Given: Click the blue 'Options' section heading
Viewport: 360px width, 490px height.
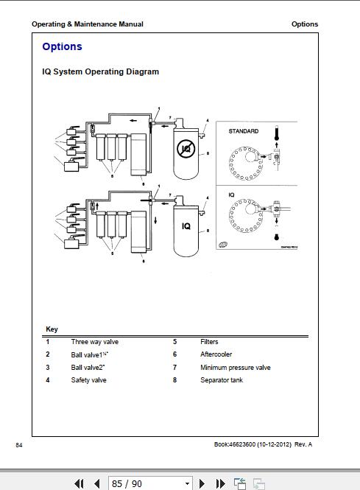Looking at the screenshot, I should pyautogui.click(x=62, y=47).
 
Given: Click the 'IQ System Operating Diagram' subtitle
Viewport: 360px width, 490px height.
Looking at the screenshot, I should pyautogui.click(x=100, y=72).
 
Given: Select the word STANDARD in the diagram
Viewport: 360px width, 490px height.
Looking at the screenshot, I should pyautogui.click(x=243, y=131).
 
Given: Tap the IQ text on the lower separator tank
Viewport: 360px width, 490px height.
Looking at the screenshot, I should pyautogui.click(x=186, y=226).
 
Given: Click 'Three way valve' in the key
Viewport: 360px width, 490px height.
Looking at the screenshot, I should pyautogui.click(x=94, y=342).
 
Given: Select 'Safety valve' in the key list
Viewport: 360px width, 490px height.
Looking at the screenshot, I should pyautogui.click(x=88, y=380).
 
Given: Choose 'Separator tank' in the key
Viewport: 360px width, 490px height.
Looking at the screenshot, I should pyautogui.click(x=222, y=380).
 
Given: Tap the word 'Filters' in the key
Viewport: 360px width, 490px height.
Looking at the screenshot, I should pyautogui.click(x=209, y=342).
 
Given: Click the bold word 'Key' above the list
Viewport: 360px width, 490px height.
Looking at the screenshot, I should pyautogui.click(x=52, y=329).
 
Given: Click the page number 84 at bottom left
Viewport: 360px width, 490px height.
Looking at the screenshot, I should pyautogui.click(x=19, y=444).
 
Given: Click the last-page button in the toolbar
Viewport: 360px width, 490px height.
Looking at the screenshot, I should pyautogui.click(x=220, y=483).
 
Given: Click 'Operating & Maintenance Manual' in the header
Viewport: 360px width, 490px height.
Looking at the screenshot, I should pyautogui.click(x=88, y=24).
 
